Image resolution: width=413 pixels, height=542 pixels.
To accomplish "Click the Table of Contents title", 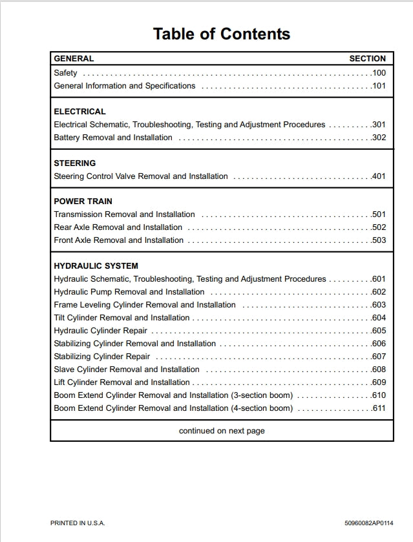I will point(221,34).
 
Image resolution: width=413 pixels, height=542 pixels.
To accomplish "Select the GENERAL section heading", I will point(74,58).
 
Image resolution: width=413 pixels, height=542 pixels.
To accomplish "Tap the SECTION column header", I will point(367,58).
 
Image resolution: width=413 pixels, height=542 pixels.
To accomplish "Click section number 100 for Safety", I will point(379,73).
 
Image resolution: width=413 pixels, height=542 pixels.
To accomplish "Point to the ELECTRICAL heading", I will point(79,111).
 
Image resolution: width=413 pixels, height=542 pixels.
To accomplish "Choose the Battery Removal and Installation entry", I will point(113,137).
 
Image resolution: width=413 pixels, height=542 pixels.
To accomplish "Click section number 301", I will point(379,124).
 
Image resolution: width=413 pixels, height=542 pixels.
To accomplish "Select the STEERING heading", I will point(74,163).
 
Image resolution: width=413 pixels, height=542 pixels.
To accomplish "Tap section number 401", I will point(379,176).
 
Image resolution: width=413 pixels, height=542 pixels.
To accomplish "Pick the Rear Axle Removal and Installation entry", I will point(118,227).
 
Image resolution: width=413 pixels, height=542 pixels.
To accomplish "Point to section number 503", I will point(379,240).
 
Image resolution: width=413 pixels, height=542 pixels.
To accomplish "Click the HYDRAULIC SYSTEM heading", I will point(96,266).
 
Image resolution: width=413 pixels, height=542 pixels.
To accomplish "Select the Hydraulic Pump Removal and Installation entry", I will point(129,291).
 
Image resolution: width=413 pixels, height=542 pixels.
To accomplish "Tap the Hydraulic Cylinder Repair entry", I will point(100,330).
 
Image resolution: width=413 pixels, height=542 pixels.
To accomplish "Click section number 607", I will point(379,356).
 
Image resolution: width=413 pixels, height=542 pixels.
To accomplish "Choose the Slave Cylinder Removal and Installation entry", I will point(126,369).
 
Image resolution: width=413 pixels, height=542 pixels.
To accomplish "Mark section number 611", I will point(379,408).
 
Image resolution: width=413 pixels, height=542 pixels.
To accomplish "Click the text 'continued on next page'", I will point(222,430).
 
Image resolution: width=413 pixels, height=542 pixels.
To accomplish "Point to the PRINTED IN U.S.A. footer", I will point(78,523).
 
